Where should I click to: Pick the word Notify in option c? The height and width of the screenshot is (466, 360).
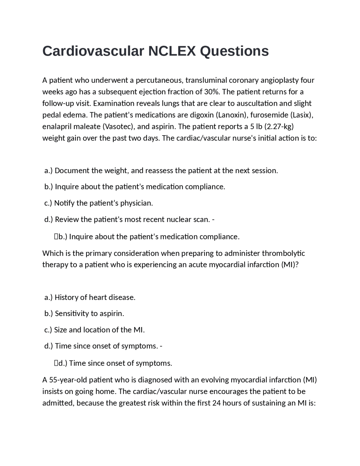tap(64, 203)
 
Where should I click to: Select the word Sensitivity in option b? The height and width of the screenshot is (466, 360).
tap(71, 313)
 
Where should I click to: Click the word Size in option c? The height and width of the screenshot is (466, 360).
tap(60, 330)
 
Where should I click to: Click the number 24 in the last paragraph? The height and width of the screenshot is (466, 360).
tap(216, 403)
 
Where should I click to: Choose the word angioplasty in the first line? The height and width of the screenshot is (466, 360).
tap(280, 80)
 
